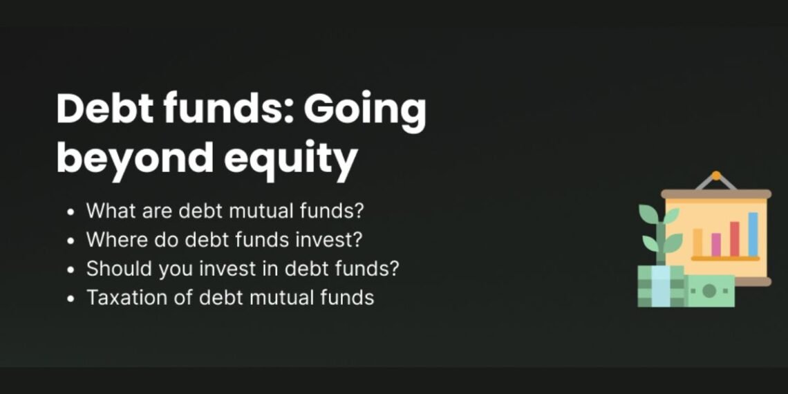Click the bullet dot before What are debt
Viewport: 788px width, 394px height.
point(72,211)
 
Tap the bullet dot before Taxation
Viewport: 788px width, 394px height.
point(72,299)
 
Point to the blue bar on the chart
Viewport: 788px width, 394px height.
point(753,234)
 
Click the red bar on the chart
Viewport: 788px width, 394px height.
point(734,239)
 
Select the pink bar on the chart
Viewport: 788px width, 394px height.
point(715,245)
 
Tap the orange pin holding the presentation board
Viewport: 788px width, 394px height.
point(716,176)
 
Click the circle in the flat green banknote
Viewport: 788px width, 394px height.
point(709,291)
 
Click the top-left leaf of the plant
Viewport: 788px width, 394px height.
point(648,214)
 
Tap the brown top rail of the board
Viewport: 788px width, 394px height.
point(715,194)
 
